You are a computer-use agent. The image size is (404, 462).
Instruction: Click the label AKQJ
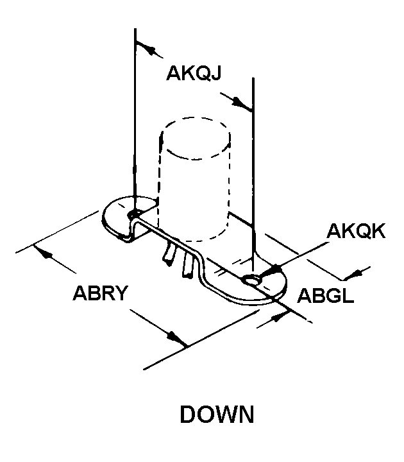(x=194, y=73)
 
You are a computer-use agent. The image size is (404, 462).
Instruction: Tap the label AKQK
(x=356, y=231)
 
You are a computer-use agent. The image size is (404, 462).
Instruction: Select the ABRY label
(x=101, y=293)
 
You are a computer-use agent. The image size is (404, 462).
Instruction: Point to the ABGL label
(x=325, y=295)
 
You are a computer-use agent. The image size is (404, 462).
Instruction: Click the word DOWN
(x=217, y=415)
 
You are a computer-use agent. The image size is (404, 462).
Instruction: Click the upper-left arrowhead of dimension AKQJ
(x=150, y=49)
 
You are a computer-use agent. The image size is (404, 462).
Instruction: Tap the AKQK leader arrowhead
(x=273, y=270)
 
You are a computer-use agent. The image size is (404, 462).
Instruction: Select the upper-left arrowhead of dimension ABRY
(x=45, y=253)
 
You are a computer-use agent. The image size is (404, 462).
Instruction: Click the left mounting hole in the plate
(x=134, y=214)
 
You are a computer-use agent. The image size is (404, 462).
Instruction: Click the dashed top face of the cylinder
(x=196, y=139)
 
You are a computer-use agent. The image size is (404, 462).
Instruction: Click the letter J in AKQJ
(x=216, y=73)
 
